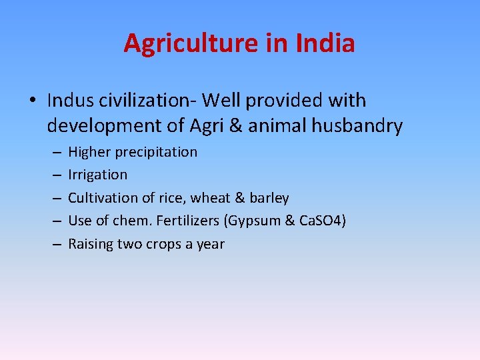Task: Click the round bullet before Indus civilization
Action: click(32, 101)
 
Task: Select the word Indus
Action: click(70, 101)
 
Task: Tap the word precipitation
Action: click(156, 152)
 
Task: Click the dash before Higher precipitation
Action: click(54, 153)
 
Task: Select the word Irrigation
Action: click(97, 175)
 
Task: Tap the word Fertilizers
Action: click(193, 221)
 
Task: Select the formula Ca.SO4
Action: click(321, 221)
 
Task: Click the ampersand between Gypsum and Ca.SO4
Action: click(290, 221)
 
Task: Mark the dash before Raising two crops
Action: click(54, 245)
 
